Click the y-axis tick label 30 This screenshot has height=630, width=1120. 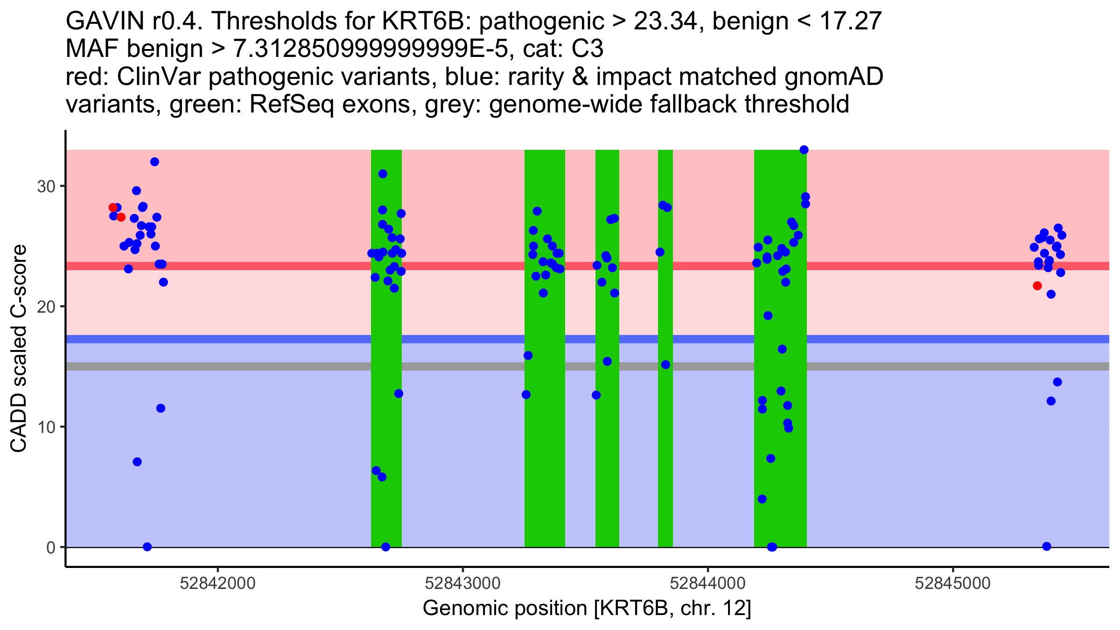(46, 187)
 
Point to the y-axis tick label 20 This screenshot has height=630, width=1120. (46, 307)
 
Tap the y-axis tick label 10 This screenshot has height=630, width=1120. (46, 427)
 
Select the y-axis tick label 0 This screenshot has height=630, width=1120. (50, 547)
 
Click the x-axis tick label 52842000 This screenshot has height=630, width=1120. (217, 583)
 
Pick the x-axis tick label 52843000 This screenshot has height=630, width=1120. (462, 583)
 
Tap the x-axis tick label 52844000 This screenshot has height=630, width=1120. (707, 583)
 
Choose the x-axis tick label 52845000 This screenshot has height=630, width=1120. (952, 583)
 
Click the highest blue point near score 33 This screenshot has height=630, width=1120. (804, 150)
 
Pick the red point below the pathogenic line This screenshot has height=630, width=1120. (1037, 286)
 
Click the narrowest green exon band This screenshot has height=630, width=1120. (665, 348)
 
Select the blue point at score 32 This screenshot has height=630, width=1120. (154, 162)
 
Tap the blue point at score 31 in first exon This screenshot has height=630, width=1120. (383, 174)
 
